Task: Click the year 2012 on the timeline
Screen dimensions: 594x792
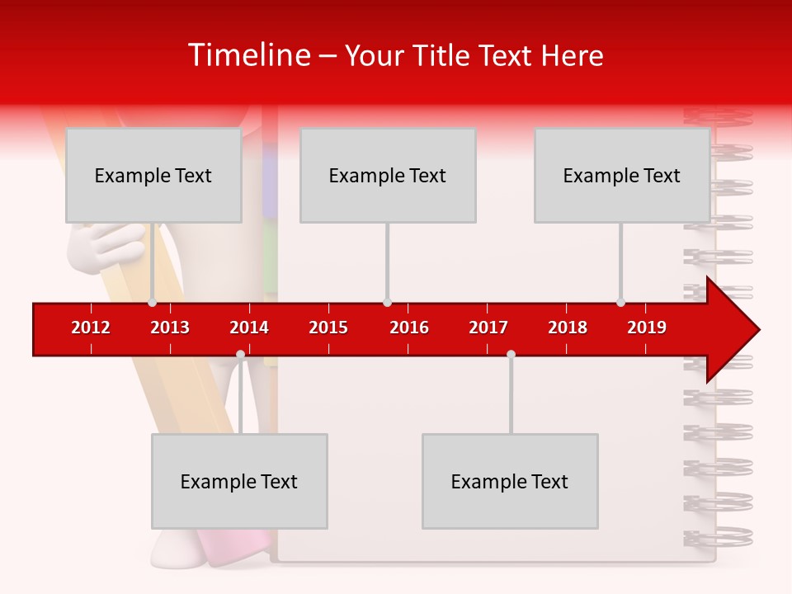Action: tap(91, 328)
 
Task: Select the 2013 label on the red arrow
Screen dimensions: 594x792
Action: tap(170, 328)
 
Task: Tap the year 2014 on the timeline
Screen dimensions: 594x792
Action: tap(249, 328)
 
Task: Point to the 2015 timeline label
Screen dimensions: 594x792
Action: tap(328, 328)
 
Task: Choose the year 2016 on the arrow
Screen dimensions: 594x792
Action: tap(409, 328)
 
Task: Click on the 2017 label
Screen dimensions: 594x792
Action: tap(488, 328)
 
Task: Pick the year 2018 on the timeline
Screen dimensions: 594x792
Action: tap(568, 328)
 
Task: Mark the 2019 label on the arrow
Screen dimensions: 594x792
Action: tap(647, 328)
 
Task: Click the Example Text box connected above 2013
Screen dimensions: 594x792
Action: tap(153, 175)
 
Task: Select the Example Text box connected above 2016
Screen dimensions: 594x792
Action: tap(388, 175)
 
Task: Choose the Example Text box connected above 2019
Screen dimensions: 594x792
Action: tap(622, 175)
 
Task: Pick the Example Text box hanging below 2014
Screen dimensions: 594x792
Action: tap(239, 481)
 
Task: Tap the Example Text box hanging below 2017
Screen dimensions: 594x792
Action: tap(510, 481)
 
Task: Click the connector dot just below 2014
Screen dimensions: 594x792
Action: tap(240, 354)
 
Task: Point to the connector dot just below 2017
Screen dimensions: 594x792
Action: tap(511, 354)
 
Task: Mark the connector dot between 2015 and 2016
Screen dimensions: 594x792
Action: tap(387, 302)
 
